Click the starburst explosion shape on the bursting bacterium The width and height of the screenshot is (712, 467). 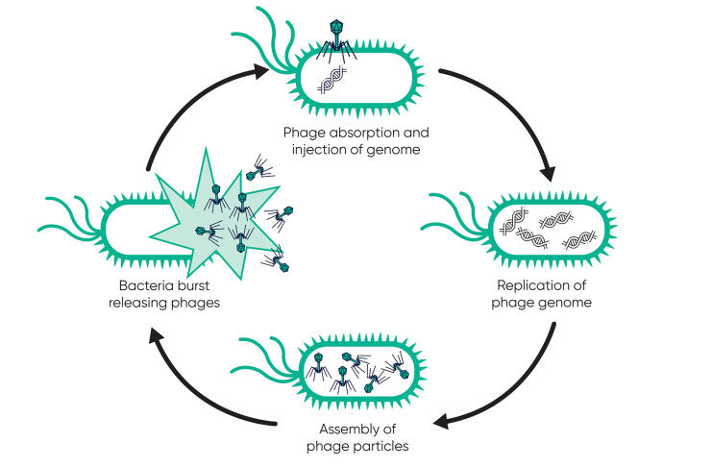click(x=216, y=216)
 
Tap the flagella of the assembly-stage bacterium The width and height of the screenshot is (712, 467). click(x=269, y=356)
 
